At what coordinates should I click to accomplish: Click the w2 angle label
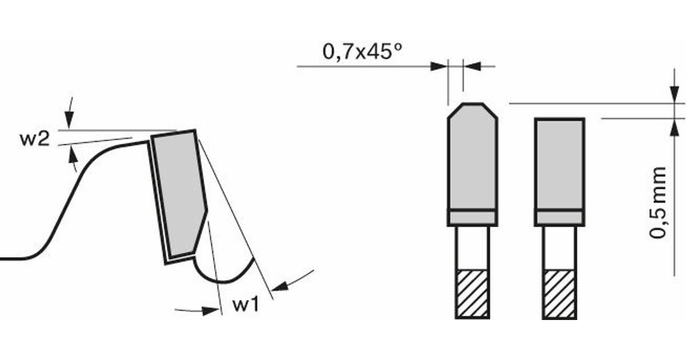[x=35, y=139]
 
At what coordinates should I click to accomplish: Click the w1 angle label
[x=246, y=304]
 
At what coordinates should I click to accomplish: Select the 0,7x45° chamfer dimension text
[x=362, y=51]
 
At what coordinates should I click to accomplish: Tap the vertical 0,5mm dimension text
[x=658, y=203]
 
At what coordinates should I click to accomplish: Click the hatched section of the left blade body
[x=472, y=294]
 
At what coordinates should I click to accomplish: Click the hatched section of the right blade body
[x=560, y=294]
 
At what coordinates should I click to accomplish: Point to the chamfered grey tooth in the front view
[x=473, y=157]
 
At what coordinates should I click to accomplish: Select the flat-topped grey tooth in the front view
[x=560, y=164]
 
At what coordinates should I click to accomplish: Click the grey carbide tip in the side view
[x=179, y=194]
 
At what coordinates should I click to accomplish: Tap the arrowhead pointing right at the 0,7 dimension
[x=438, y=66]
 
